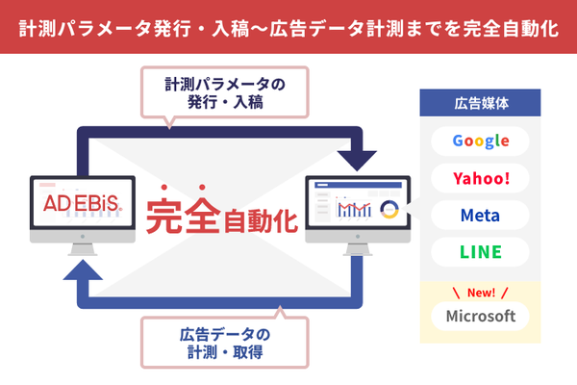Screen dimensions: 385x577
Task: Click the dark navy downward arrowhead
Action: pos(358,160)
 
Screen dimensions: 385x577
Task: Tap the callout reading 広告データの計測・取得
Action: pos(225,344)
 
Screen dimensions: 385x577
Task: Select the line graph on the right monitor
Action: pos(358,210)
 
